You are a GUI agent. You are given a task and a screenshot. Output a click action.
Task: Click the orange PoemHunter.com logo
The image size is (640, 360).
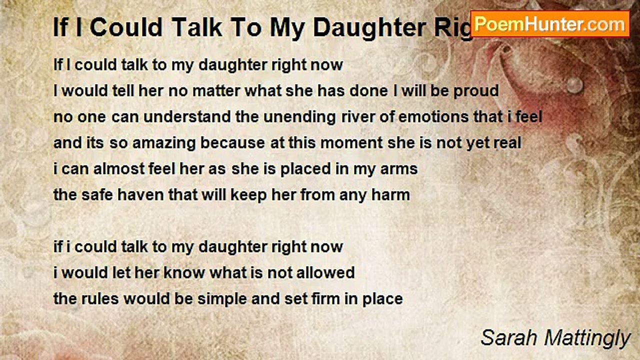[550, 23]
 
